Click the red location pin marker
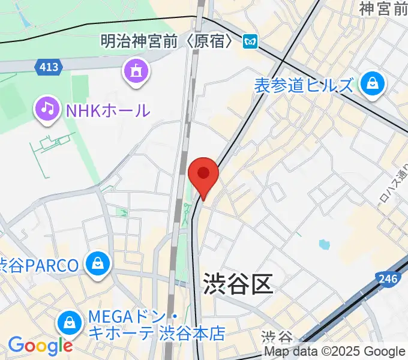pos(203,175)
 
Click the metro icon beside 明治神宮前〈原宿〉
pos(250,41)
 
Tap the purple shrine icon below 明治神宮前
pos(135,71)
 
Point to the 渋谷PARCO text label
pos(39,265)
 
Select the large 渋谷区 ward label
pos(238,283)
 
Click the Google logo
pos(40,346)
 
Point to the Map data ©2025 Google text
pos(335,352)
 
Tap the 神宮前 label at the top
pos(383,8)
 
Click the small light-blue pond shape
pos(324,244)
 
